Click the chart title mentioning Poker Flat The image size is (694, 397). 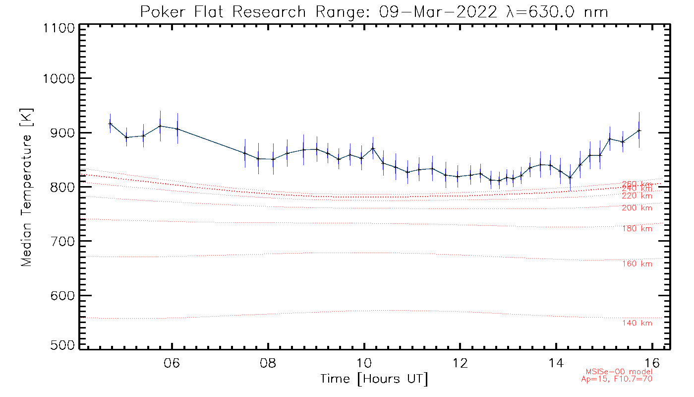[x=374, y=12]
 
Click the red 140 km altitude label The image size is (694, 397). [x=637, y=324]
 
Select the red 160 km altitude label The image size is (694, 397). [x=637, y=264]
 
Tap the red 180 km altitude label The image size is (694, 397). [x=637, y=229]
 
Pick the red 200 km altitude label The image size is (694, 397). [x=637, y=208]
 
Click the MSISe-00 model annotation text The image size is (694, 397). [x=619, y=372]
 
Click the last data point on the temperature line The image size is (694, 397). [x=639, y=131]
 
